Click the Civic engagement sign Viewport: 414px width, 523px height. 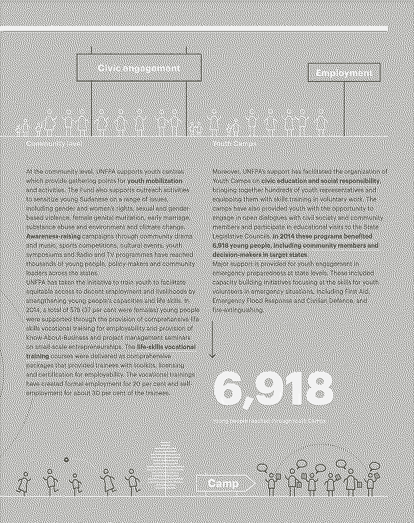[139, 68]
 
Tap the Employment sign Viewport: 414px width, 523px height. [344, 72]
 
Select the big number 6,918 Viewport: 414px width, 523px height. [273, 389]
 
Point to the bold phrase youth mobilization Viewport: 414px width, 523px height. [155, 181]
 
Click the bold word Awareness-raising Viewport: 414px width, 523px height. [53, 236]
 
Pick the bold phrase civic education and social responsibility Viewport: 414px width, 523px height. [320, 181]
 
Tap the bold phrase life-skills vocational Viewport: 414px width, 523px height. [166, 347]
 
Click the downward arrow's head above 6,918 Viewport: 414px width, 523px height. [213, 355]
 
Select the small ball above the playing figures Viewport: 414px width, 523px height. [66, 460]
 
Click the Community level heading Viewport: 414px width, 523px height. [53, 143]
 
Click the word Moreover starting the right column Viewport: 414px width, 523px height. [226, 171]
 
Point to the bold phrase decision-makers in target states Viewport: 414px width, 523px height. [260, 254]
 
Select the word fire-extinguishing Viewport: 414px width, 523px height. [238, 310]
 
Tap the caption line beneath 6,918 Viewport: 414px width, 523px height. [269, 421]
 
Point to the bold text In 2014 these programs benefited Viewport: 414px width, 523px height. [323, 236]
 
